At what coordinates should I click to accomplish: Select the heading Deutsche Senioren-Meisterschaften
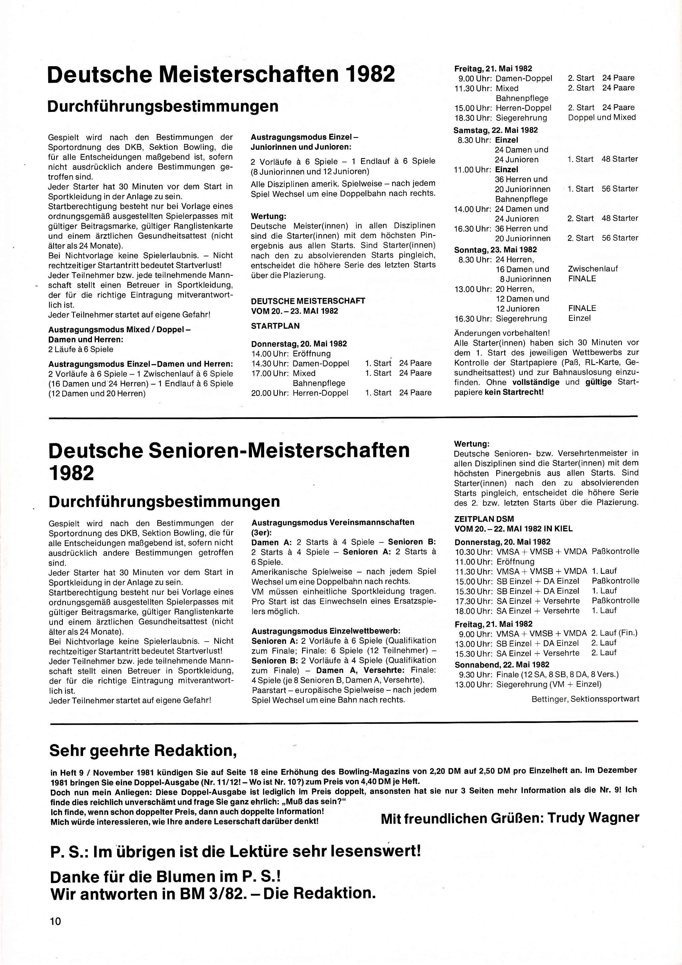coord(229,451)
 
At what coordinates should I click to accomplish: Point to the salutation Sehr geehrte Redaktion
coord(143,750)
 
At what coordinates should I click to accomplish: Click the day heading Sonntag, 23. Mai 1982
coord(495,250)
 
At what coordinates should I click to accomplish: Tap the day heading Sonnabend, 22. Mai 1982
coord(502,665)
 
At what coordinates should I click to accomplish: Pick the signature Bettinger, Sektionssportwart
coord(585,699)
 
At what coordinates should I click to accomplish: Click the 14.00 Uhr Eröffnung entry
coord(291,354)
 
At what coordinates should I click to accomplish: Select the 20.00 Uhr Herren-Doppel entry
coord(300,393)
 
